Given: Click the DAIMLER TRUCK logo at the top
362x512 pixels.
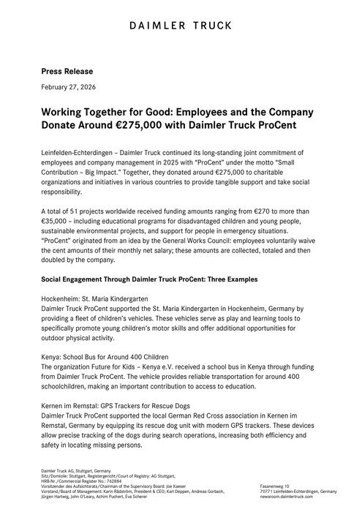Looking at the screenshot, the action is tap(181, 27).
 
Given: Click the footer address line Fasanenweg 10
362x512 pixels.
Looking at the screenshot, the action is tap(274, 486).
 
